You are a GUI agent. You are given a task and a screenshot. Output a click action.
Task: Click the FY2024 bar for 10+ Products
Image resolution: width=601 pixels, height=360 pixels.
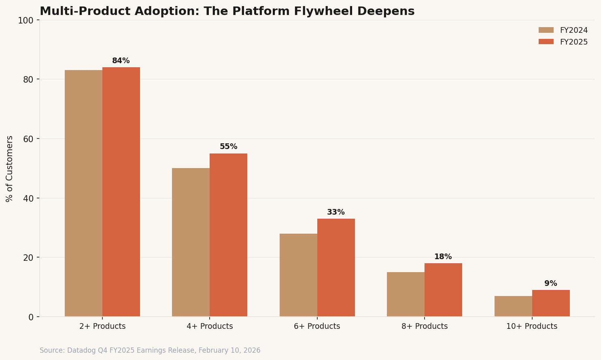click(x=513, y=306)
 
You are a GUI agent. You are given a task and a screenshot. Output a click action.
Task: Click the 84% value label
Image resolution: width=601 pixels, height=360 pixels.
click(x=121, y=61)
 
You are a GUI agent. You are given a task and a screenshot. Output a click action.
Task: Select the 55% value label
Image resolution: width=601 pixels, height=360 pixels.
click(x=228, y=147)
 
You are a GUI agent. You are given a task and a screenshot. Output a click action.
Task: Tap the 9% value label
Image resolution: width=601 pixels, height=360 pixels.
click(x=550, y=283)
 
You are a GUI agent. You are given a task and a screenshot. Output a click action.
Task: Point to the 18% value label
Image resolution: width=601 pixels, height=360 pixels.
click(x=443, y=257)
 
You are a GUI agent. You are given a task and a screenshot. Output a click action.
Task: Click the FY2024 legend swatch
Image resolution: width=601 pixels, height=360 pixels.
click(x=546, y=30)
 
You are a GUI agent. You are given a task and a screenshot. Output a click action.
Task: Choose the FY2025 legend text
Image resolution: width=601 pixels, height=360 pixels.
click(x=573, y=42)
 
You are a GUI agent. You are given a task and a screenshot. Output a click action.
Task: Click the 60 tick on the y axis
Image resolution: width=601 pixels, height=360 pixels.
click(x=28, y=139)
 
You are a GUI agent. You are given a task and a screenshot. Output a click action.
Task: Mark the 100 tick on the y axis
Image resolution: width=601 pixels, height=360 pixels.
click(x=25, y=20)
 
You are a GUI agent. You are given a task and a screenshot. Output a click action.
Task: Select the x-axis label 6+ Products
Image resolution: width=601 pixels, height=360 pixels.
click(x=317, y=326)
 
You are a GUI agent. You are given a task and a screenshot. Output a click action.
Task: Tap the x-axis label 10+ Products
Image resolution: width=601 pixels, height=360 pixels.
click(x=531, y=326)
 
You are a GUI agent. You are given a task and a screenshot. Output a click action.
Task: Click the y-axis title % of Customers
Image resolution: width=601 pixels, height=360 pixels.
click(x=10, y=168)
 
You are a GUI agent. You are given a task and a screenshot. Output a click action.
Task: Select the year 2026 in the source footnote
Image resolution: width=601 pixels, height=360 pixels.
click(x=252, y=351)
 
